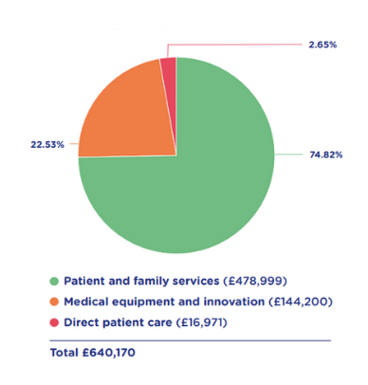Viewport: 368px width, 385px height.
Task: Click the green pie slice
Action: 202,183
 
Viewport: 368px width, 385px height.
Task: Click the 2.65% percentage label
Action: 322,45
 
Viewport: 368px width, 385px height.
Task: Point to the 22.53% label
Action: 47,145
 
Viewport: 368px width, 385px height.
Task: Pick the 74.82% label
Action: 326,155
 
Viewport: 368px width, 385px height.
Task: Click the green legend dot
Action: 54,281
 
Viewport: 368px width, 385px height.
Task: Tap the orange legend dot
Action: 54,302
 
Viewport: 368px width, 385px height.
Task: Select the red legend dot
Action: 54,322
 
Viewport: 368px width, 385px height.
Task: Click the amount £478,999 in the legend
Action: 255,281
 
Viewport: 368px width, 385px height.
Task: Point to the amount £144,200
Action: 301,302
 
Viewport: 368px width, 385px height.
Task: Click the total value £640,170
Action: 109,353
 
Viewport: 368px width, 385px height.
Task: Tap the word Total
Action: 64,353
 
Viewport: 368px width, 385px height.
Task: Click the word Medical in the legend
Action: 86,302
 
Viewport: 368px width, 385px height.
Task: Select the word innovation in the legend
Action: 234,302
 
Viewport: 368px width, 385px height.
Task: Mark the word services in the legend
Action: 196,281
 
